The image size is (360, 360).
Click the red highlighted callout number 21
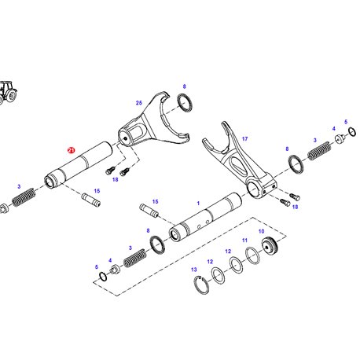point(72,150)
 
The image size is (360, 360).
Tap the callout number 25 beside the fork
point(139,103)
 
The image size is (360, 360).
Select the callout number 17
point(244,139)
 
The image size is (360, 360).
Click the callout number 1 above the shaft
point(198,204)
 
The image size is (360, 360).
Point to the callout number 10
point(261,231)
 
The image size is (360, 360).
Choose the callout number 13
point(194,270)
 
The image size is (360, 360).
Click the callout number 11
point(244,241)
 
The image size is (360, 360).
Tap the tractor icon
point(8,92)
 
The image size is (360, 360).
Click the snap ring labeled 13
point(201,285)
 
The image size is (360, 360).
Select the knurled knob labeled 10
point(270,246)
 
